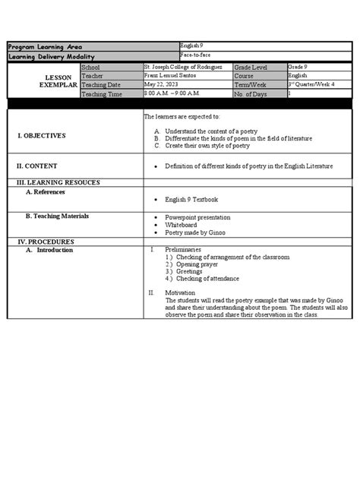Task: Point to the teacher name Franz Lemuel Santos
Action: pyautogui.click(x=172, y=76)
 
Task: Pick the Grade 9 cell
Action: pyautogui.click(x=298, y=68)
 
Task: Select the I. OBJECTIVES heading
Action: pyautogui.click(x=42, y=135)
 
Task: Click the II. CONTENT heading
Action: pyautogui.click(x=37, y=165)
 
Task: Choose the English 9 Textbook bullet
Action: pyautogui.click(x=191, y=200)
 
